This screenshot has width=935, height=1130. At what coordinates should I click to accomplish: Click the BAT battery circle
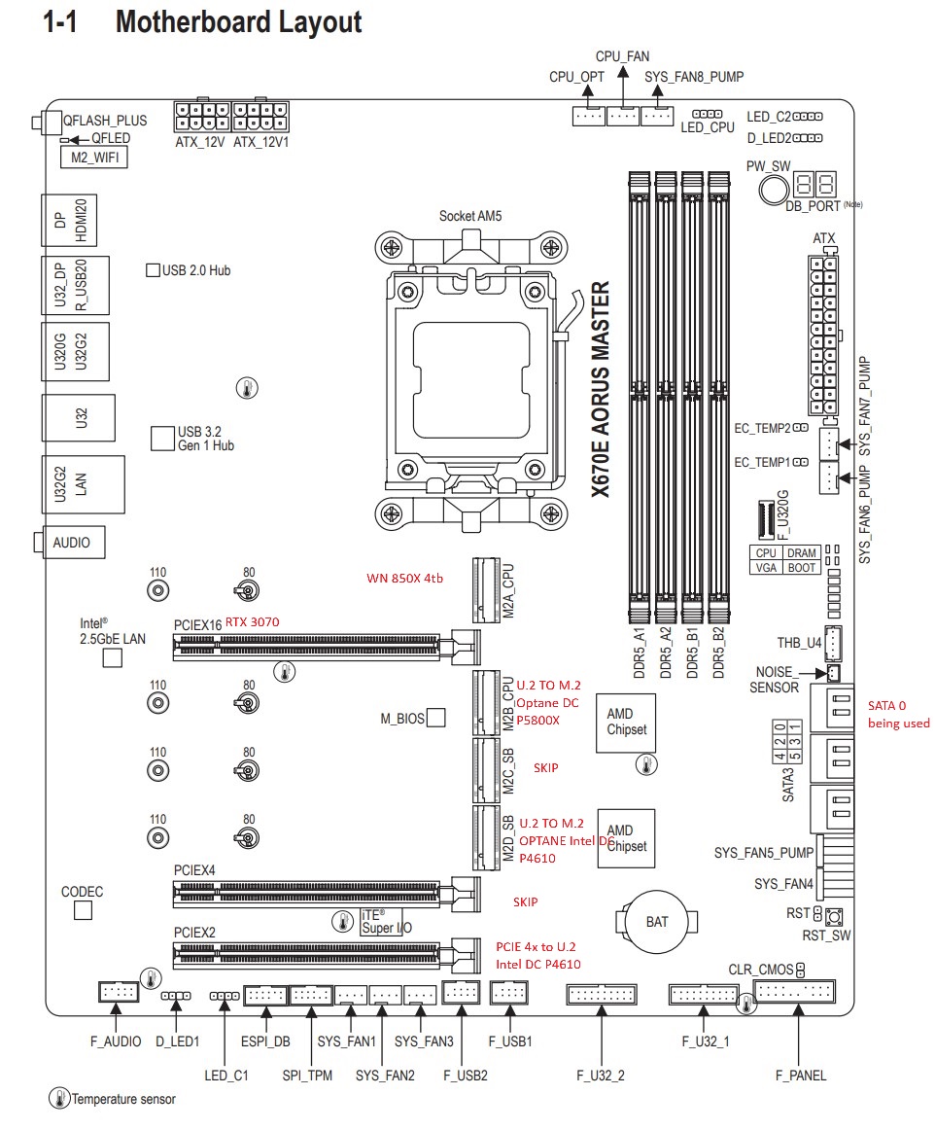[x=656, y=921]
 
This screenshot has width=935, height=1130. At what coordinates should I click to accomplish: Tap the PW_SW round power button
[x=774, y=189]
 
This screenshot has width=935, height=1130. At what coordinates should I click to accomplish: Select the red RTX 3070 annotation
[x=252, y=622]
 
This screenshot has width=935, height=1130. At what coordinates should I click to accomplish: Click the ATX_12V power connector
[x=202, y=116]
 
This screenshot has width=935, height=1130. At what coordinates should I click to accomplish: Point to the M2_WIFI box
[x=94, y=158]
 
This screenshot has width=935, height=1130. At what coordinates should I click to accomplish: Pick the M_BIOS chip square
[x=435, y=717]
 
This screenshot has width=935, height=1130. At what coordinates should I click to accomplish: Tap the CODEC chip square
[x=83, y=911]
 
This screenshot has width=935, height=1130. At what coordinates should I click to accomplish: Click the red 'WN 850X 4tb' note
[x=405, y=578]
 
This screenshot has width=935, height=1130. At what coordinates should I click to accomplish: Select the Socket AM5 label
[x=470, y=216]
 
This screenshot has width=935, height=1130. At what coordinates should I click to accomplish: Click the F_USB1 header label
[x=510, y=1042]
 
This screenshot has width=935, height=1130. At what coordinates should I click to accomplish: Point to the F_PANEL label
[x=800, y=1076]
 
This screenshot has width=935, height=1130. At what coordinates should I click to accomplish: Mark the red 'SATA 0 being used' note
[x=898, y=714]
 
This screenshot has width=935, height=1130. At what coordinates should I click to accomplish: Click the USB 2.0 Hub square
[x=153, y=270]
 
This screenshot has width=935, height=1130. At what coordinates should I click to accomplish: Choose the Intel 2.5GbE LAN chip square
[x=113, y=658]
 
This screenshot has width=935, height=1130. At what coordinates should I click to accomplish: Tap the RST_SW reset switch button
[x=834, y=917]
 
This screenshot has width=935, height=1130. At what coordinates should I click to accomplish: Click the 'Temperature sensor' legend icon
[x=59, y=1098]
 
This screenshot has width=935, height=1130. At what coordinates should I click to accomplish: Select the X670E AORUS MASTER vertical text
[x=600, y=389]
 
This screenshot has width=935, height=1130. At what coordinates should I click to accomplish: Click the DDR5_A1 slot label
[x=639, y=653]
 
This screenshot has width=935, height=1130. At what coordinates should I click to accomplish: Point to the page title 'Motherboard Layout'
[x=238, y=22]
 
